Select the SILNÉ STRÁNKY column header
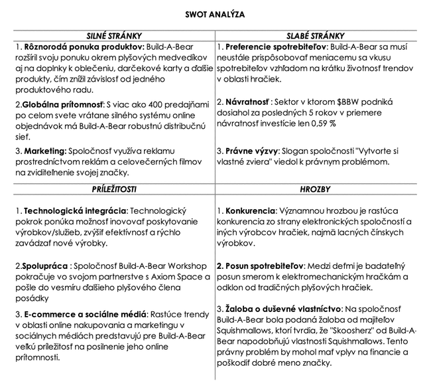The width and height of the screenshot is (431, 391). [114, 36]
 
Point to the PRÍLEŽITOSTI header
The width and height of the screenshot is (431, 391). [114, 189]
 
